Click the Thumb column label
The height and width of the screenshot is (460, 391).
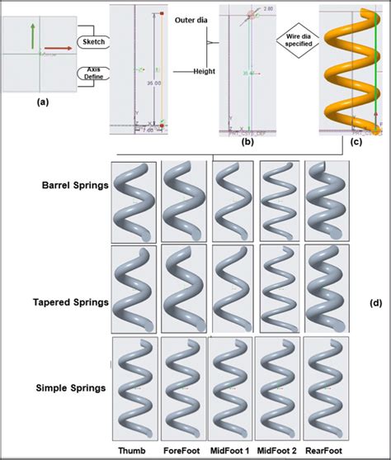tap(132, 451)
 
